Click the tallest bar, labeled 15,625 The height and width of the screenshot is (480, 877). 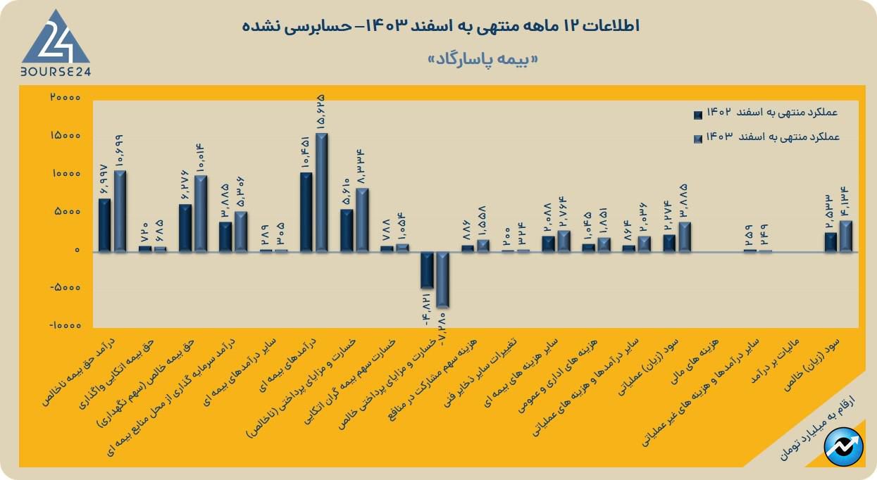(321, 191)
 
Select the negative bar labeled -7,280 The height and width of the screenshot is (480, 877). (442, 279)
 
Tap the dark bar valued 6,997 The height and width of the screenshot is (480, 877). (104, 225)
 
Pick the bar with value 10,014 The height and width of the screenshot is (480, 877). (201, 213)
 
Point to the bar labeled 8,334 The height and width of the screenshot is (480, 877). (362, 220)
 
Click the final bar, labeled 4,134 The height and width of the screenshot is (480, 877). (846, 236)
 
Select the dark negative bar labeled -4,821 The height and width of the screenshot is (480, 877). (427, 269)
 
